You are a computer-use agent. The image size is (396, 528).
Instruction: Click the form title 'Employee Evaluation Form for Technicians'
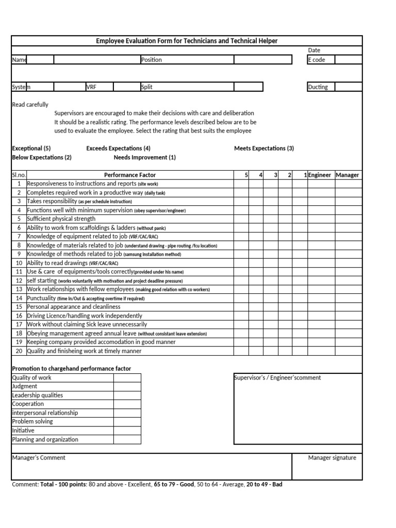[x=187, y=41]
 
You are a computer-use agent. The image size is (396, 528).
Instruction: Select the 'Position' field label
[x=151, y=60]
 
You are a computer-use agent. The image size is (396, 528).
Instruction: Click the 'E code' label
[x=317, y=60]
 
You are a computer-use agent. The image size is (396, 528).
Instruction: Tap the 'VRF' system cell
[x=91, y=87]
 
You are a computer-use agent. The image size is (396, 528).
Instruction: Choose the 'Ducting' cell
[x=318, y=87]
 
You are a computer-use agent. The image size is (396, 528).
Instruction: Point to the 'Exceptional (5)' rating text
[x=31, y=148]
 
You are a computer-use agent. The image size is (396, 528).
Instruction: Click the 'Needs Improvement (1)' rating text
[x=144, y=157]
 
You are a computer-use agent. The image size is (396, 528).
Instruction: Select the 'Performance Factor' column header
[x=129, y=175]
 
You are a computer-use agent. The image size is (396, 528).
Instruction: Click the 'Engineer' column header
[x=320, y=175]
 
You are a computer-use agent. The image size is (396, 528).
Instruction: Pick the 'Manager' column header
[x=347, y=175]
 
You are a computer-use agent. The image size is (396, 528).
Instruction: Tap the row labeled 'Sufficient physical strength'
[x=61, y=219]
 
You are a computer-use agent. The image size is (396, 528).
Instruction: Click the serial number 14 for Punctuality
[x=19, y=298]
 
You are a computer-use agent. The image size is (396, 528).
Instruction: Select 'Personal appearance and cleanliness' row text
[x=73, y=307]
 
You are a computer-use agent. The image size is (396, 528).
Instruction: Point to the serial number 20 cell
[x=19, y=351]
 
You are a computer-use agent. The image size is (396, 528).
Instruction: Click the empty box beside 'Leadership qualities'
[x=127, y=395]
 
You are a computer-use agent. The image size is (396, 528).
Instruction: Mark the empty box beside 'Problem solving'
[x=127, y=422]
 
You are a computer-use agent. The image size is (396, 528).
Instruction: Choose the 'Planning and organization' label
[x=45, y=439]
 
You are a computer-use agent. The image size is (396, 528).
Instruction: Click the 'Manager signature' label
[x=332, y=458]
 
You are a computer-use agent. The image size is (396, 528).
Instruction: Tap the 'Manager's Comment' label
[x=39, y=458]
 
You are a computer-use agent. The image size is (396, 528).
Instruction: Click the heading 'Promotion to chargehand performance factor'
[x=71, y=369]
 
